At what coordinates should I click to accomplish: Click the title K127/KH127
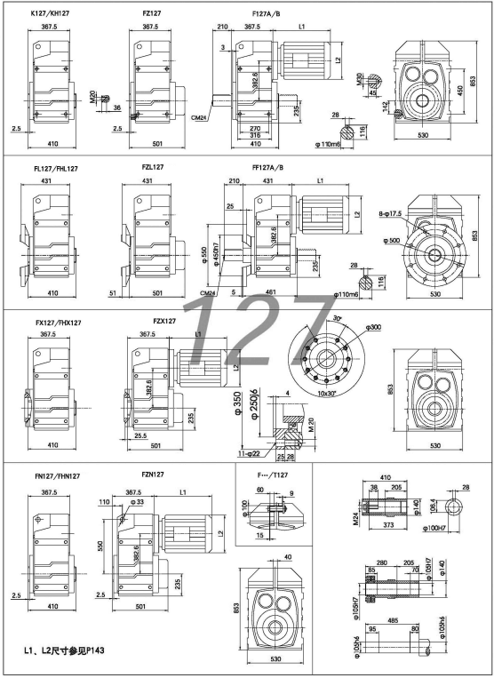coord(51,15)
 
